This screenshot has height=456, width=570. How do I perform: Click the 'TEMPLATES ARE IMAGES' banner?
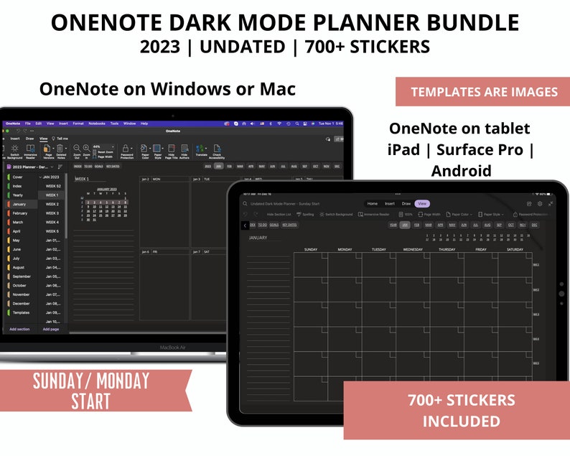pyautogui.click(x=483, y=92)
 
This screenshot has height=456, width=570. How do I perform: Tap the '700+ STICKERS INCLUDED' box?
pyautogui.click(x=461, y=410)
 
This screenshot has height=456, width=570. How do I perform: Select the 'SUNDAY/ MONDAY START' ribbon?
pyautogui.click(x=90, y=391)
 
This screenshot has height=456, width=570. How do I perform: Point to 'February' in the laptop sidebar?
pyautogui.click(x=20, y=213)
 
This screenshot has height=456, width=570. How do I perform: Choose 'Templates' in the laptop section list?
pyautogui.click(x=22, y=312)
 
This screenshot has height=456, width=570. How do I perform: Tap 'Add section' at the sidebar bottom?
pyautogui.click(x=19, y=329)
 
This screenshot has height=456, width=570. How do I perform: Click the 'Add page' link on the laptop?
pyautogui.click(x=51, y=329)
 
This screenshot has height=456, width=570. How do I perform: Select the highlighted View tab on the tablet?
pyautogui.click(x=421, y=204)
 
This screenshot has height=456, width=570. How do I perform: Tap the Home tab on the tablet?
pyautogui.click(x=373, y=204)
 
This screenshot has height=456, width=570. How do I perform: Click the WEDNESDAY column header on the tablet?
pyautogui.click(x=413, y=249)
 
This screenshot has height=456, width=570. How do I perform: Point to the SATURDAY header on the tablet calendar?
pyautogui.click(x=515, y=249)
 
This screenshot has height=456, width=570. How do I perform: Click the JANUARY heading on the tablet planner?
pyautogui.click(x=258, y=238)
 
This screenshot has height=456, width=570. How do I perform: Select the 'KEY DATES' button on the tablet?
pyautogui.click(x=289, y=225)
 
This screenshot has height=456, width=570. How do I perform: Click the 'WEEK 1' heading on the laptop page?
pyautogui.click(x=82, y=179)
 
